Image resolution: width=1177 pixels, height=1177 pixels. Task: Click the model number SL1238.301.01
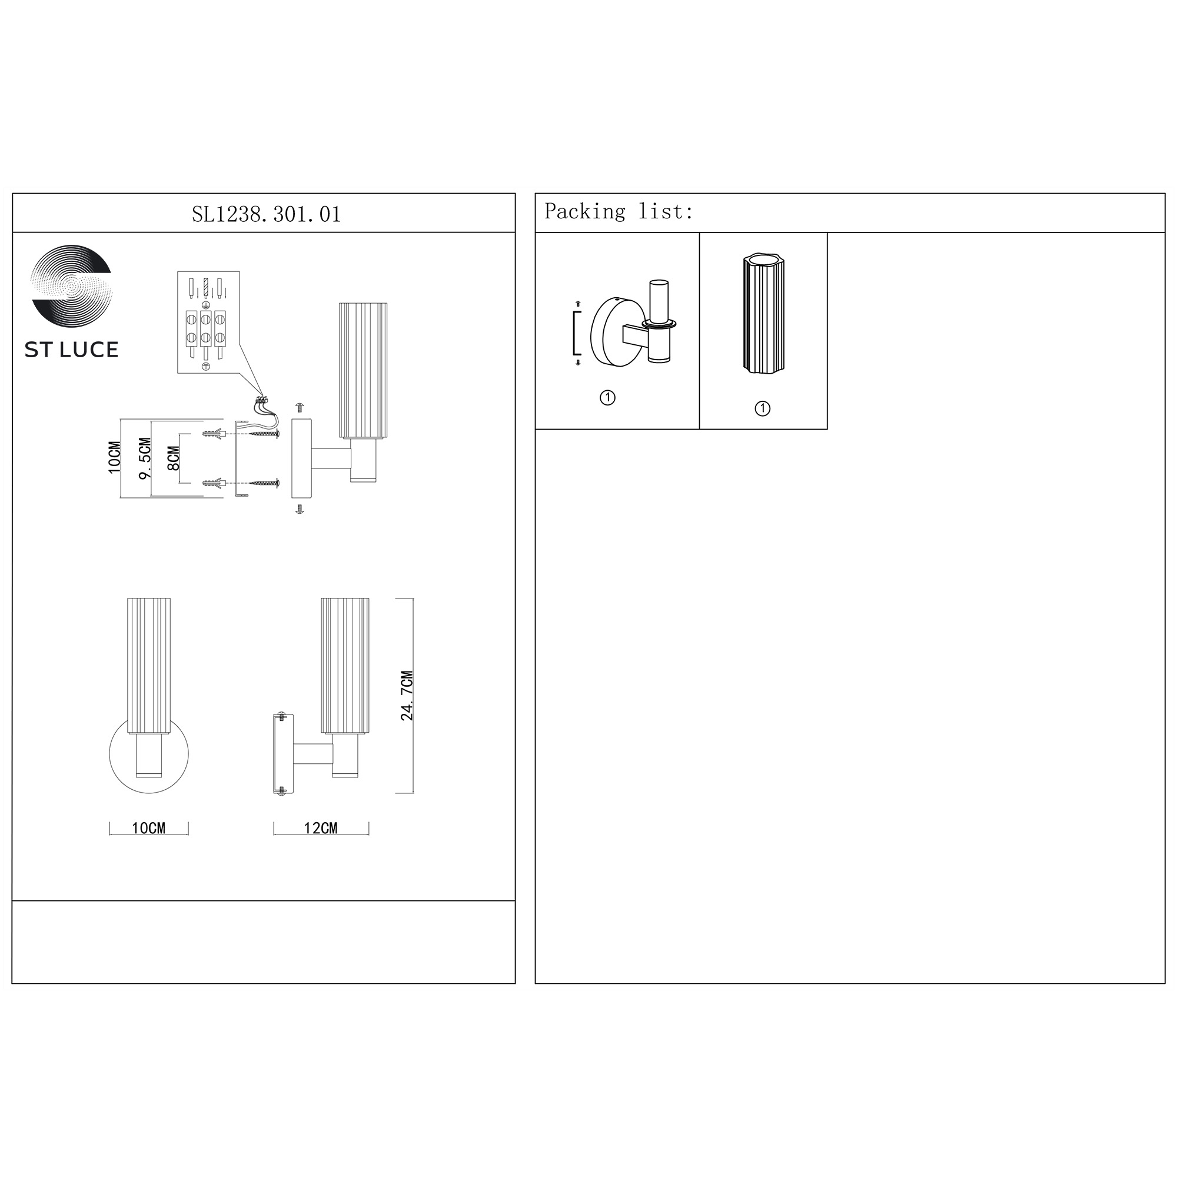[x=266, y=214]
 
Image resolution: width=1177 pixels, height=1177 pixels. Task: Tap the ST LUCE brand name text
[x=71, y=350]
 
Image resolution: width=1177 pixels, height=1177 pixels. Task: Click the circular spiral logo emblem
[x=72, y=287]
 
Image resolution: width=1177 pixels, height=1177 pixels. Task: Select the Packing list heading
[x=619, y=211]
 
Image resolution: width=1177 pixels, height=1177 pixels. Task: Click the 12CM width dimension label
[x=321, y=828]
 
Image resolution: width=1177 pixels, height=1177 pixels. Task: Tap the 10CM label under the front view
[x=149, y=828]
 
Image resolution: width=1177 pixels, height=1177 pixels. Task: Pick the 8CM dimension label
[x=173, y=458]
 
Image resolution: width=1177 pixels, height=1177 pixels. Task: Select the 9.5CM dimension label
[x=144, y=458]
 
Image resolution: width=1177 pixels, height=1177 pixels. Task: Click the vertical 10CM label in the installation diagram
[x=115, y=457]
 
